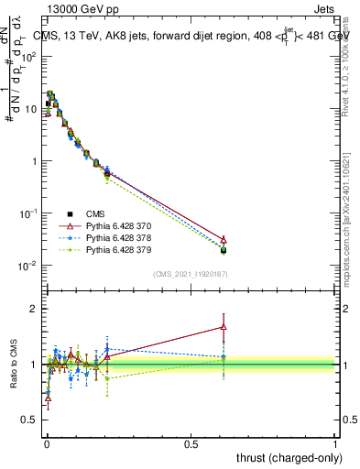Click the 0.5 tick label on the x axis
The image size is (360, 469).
point(191,443)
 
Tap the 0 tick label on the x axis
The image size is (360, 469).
point(46,443)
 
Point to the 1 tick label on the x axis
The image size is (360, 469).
point(335,443)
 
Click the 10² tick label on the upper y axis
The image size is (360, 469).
point(28,57)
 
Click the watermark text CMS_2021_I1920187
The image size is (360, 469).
point(190,275)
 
